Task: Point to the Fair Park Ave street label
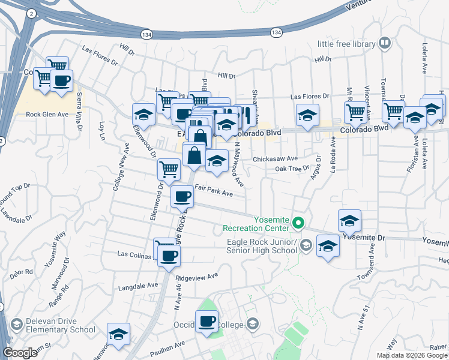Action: pos(214,194)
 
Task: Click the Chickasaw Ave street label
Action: pos(275,159)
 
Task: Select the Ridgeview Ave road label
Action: pos(196,277)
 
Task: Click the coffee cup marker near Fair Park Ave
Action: pos(182,196)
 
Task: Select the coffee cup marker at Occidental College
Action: pos(207,321)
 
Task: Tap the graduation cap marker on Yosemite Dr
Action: pos(349,221)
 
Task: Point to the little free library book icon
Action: pos(384,44)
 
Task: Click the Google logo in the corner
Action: pos(20,353)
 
